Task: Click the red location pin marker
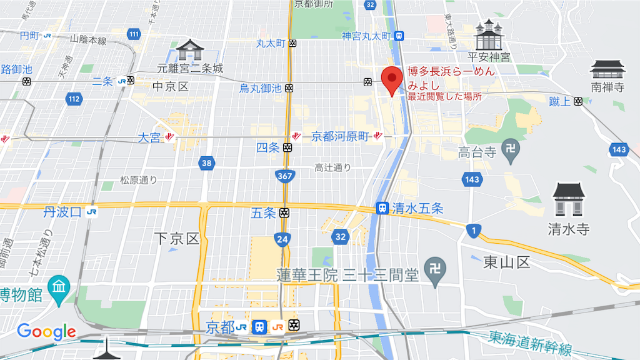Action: (x=392, y=79)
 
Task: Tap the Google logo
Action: (x=46, y=332)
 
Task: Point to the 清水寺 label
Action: (x=568, y=229)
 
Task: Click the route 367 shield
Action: (x=285, y=176)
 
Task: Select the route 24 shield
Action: (x=282, y=238)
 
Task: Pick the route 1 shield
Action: (x=474, y=231)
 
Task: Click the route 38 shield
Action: (x=206, y=164)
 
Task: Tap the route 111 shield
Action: (x=134, y=34)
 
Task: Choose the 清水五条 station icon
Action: (x=381, y=208)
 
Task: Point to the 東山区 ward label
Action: (x=506, y=262)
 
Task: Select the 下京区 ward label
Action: (x=176, y=238)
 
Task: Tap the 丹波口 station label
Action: (x=62, y=212)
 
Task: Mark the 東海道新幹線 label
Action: (x=531, y=344)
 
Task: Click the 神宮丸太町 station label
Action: (x=366, y=36)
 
